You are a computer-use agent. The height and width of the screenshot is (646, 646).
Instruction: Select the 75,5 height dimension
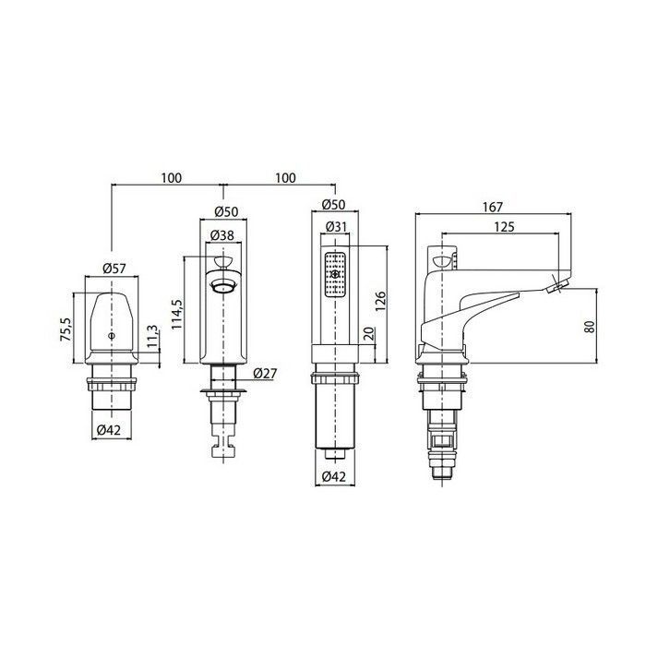point(66,329)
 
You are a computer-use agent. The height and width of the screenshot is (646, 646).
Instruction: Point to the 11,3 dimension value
point(151,337)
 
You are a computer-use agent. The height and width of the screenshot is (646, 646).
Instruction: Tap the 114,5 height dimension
point(177,314)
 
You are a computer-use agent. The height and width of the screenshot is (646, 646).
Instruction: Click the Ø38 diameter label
point(222,235)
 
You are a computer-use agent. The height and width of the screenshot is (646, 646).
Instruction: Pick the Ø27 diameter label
point(266,373)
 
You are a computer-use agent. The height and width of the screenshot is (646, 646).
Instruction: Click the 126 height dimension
point(380,301)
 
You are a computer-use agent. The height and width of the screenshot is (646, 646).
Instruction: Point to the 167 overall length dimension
point(493,207)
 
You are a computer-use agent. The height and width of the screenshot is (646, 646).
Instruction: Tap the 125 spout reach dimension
point(504,227)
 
